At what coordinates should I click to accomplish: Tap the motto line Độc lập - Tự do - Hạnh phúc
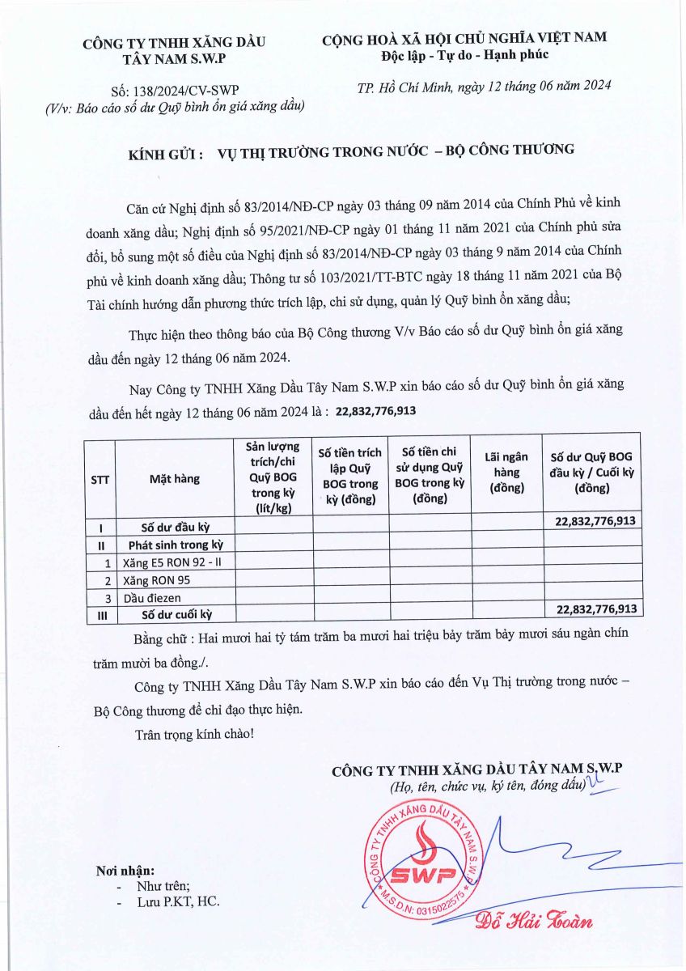click(x=464, y=54)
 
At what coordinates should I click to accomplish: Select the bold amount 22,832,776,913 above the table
click(x=375, y=411)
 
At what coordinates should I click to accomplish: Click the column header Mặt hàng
click(x=174, y=478)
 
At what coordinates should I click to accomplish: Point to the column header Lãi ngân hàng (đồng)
click(x=506, y=472)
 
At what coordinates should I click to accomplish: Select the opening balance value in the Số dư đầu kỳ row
click(x=596, y=521)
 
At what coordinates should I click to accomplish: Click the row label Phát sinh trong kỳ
click(x=175, y=545)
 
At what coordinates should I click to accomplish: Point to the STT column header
click(x=100, y=479)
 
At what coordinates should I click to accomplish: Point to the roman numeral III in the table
click(x=100, y=614)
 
